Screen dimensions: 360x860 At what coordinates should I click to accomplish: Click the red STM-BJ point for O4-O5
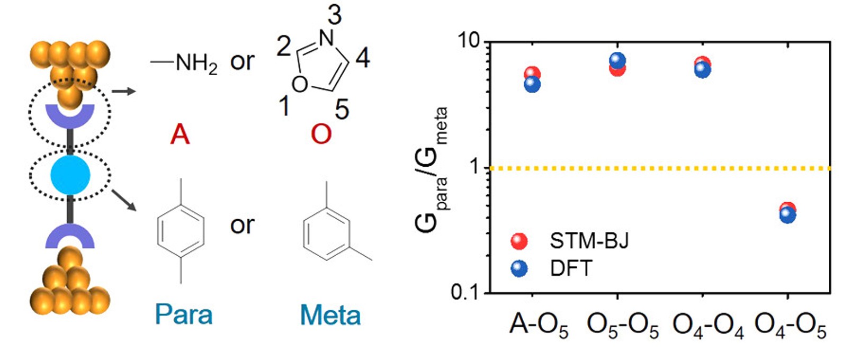click(x=788, y=208)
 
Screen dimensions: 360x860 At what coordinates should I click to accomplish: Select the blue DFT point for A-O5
click(x=532, y=84)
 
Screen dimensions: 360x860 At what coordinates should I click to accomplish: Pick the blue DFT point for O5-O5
click(x=617, y=60)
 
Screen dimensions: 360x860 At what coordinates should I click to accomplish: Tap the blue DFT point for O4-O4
click(x=703, y=70)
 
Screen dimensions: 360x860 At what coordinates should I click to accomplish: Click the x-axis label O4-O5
click(x=790, y=325)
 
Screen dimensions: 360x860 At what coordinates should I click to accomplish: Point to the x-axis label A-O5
click(x=538, y=325)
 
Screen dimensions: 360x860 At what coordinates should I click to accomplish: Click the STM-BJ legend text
click(x=589, y=241)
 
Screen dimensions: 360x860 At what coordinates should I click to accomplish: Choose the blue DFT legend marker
click(x=519, y=268)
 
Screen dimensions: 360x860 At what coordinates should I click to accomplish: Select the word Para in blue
click(x=184, y=315)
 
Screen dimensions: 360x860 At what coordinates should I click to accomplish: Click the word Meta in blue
click(x=330, y=315)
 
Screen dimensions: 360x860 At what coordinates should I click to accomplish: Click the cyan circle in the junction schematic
click(x=70, y=175)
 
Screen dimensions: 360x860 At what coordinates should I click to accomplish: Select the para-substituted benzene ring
click(x=181, y=231)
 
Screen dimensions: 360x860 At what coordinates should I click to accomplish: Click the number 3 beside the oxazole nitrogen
click(x=334, y=15)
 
